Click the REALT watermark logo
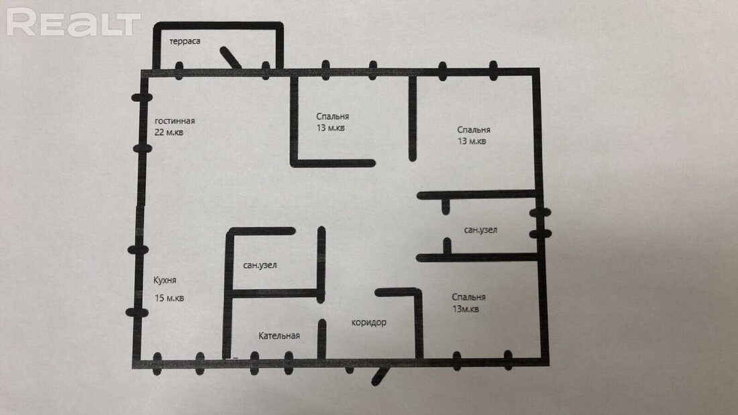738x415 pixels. (73, 22)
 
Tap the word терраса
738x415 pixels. (185, 42)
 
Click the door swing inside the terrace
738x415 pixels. (231, 58)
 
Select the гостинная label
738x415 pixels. (174, 121)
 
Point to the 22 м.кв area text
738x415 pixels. (169, 132)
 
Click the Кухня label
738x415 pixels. (165, 280)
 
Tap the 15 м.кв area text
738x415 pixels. (170, 298)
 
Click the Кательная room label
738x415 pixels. (279, 335)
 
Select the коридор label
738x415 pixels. (369, 322)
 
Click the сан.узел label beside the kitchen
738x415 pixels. (260, 265)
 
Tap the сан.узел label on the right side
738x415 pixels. (480, 230)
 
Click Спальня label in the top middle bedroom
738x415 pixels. (332, 116)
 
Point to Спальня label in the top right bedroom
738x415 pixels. (474, 130)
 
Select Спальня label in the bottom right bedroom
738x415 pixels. (468, 298)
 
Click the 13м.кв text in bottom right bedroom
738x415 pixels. (466, 309)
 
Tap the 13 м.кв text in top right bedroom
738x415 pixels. (472, 141)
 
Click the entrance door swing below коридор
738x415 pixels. (381, 376)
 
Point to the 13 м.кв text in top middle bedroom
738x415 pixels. (330, 127)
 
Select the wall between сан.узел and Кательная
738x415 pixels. (276, 294)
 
